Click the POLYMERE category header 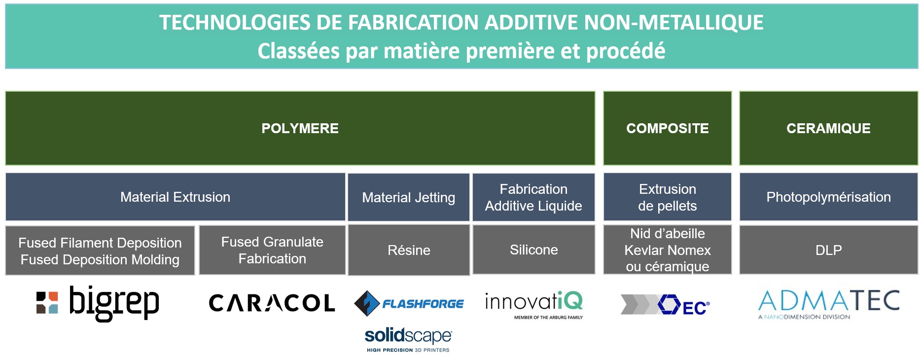(300, 128)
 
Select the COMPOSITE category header (668, 128)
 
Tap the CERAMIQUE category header (828, 128)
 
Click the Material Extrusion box (175, 197)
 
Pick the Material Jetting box (409, 197)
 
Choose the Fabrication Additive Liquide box (533, 197)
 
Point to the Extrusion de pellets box (668, 197)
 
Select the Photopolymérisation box (828, 197)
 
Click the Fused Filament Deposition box (100, 251)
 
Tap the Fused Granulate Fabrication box (272, 250)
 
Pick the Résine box (409, 250)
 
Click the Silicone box (533, 250)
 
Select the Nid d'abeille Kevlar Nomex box (668, 250)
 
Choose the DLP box (828, 250)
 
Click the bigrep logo (98, 302)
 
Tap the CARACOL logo (272, 303)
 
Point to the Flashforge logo (409, 303)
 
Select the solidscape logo (408, 340)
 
